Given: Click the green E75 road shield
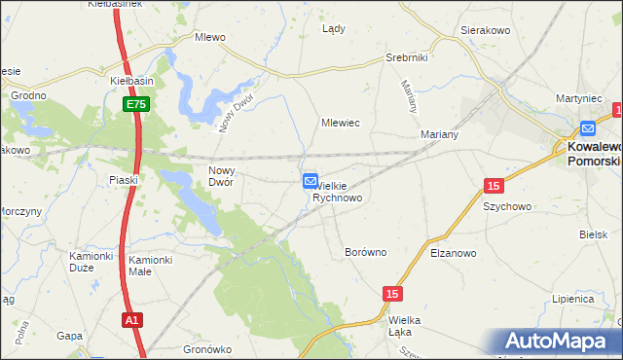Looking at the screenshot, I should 135,104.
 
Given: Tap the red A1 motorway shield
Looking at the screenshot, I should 133,319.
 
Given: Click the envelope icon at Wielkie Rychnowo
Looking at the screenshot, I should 310,181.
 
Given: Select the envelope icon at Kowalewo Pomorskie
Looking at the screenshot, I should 587,127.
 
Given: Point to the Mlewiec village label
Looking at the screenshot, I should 342,124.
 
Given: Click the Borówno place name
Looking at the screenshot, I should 366,252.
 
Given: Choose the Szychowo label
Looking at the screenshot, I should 506,206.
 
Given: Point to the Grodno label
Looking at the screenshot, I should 28,95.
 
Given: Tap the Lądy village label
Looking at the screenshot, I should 334,29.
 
